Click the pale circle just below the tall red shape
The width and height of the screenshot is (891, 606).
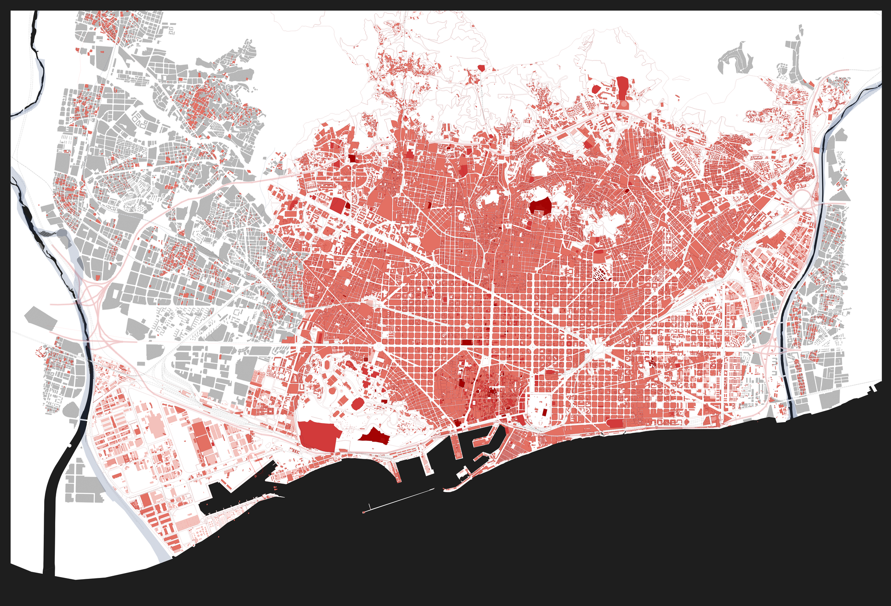(x=623, y=105)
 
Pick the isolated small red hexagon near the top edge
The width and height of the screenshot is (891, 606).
(x=481, y=68)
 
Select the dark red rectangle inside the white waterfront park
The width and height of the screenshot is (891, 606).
(x=544, y=411)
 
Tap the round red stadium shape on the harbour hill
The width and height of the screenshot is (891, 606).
(x=357, y=404)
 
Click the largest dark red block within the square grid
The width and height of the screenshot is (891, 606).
(x=466, y=342)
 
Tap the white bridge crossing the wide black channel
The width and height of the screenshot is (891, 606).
(x=83, y=420)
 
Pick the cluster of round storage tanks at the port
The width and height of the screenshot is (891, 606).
(x=198, y=530)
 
